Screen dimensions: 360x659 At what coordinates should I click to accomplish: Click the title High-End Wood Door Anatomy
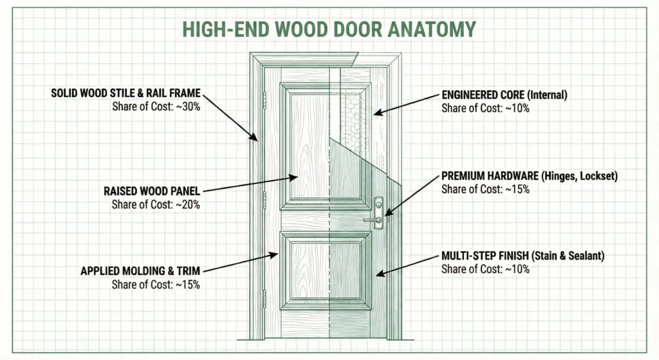[329, 29]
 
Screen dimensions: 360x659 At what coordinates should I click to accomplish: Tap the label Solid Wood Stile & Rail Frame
[125, 93]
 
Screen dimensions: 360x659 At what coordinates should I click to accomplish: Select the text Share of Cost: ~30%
[156, 107]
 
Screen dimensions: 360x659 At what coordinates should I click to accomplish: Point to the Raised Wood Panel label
[152, 191]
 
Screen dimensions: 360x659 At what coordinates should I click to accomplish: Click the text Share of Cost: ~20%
[156, 205]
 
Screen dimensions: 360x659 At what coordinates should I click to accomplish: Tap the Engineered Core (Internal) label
[504, 95]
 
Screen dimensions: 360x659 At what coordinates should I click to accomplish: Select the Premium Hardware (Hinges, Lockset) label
[529, 176]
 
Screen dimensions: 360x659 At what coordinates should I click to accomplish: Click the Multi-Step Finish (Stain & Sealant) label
[523, 256]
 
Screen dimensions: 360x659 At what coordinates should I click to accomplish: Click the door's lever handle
[372, 220]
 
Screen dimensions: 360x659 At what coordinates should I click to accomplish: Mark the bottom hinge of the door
[265, 297]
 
